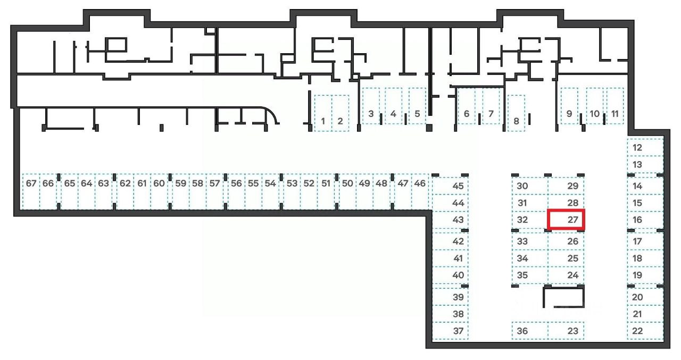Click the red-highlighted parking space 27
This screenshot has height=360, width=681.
(567, 220)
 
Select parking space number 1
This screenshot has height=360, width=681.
(323, 113)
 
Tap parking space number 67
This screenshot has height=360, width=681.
(31, 190)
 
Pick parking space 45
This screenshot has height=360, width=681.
(451, 186)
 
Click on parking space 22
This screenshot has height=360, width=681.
(645, 331)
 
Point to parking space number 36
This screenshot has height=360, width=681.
(529, 331)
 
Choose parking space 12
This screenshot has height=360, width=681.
(645, 147)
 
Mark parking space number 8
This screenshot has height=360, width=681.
(516, 113)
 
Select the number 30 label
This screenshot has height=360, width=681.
(522, 186)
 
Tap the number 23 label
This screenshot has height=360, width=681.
(572, 331)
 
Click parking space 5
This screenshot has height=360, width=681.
(417, 106)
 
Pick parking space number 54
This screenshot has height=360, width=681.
(270, 190)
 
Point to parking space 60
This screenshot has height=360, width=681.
(159, 190)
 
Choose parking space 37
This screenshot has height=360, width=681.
(451, 331)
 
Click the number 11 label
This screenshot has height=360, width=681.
(615, 113)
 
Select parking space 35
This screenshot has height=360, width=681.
(529, 275)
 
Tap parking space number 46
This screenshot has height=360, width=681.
(420, 190)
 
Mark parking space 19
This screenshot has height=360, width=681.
(645, 275)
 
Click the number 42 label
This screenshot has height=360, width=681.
(458, 241)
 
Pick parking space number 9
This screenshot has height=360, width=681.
(569, 106)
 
